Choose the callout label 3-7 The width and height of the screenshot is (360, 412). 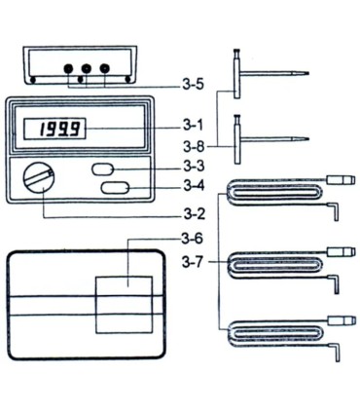(x=196, y=261)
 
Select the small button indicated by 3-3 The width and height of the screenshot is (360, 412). (x=103, y=169)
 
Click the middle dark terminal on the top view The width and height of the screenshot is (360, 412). (x=86, y=70)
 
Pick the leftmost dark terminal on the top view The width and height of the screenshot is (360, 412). (x=68, y=70)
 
